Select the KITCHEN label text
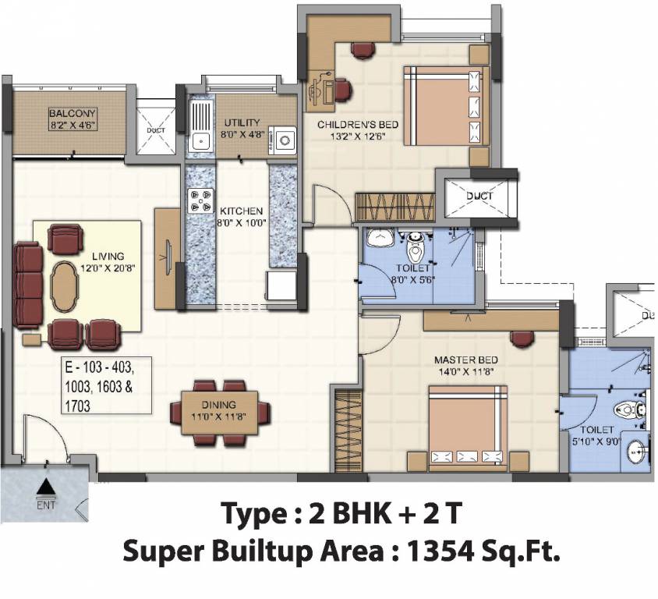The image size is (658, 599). (x=241, y=211)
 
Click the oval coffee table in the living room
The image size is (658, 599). (x=65, y=285)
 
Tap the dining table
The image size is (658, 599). (x=221, y=410)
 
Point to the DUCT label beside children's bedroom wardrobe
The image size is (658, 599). (x=480, y=196)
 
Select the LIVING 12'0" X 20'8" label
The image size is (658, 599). (x=108, y=261)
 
